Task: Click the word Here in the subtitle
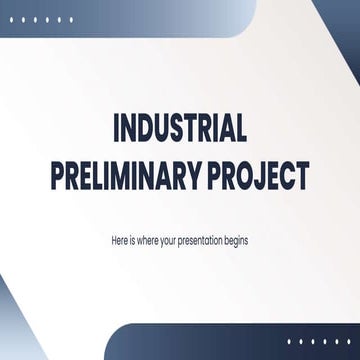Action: pos(120,241)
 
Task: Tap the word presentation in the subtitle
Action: pos(206,241)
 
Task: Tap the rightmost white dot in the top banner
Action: pos(70,19)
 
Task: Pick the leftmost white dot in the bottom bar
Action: pos(289,341)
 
